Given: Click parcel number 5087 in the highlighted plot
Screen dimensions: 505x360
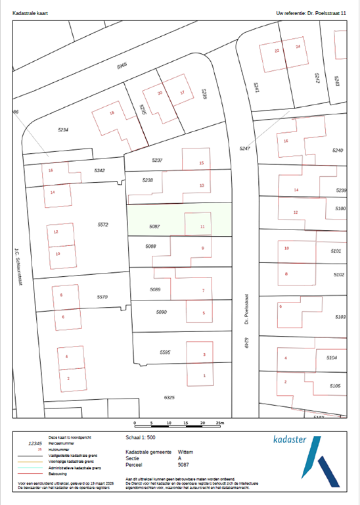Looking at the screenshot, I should (155, 226).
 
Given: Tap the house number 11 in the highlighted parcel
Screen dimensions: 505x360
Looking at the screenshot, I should (202, 227).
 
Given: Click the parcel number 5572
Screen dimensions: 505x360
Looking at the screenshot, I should (102, 225).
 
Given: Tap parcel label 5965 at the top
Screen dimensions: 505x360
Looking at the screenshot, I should (122, 66).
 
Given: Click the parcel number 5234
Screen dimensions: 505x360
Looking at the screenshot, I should (64, 130).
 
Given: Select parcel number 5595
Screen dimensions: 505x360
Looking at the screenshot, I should (166, 353).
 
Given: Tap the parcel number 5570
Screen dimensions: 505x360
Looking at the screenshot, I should (102, 297).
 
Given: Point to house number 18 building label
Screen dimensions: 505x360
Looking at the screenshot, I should (112, 114).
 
